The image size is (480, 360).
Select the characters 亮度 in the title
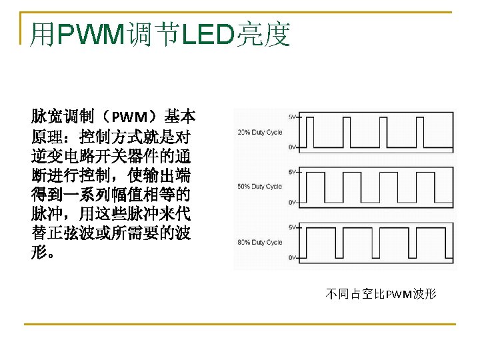pyautogui.click(x=263, y=35)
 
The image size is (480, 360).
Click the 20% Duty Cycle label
pyautogui.click(x=259, y=132)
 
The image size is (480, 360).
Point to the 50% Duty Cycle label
pyautogui.click(x=259, y=187)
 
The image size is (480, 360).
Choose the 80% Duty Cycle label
pyautogui.click(x=259, y=242)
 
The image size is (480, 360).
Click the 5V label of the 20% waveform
pyautogui.click(x=292, y=117)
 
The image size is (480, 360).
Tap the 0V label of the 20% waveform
pyautogui.click(x=292, y=147)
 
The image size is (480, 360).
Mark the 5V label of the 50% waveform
pyautogui.click(x=292, y=172)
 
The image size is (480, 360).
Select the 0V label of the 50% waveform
pyautogui.click(x=292, y=202)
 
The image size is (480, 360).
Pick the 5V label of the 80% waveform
pyautogui.click(x=292, y=227)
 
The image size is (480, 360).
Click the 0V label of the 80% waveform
pyautogui.click(x=292, y=257)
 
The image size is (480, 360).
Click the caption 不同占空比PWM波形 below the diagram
pyautogui.click(x=381, y=293)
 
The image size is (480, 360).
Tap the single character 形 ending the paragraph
pyautogui.click(x=39, y=253)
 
